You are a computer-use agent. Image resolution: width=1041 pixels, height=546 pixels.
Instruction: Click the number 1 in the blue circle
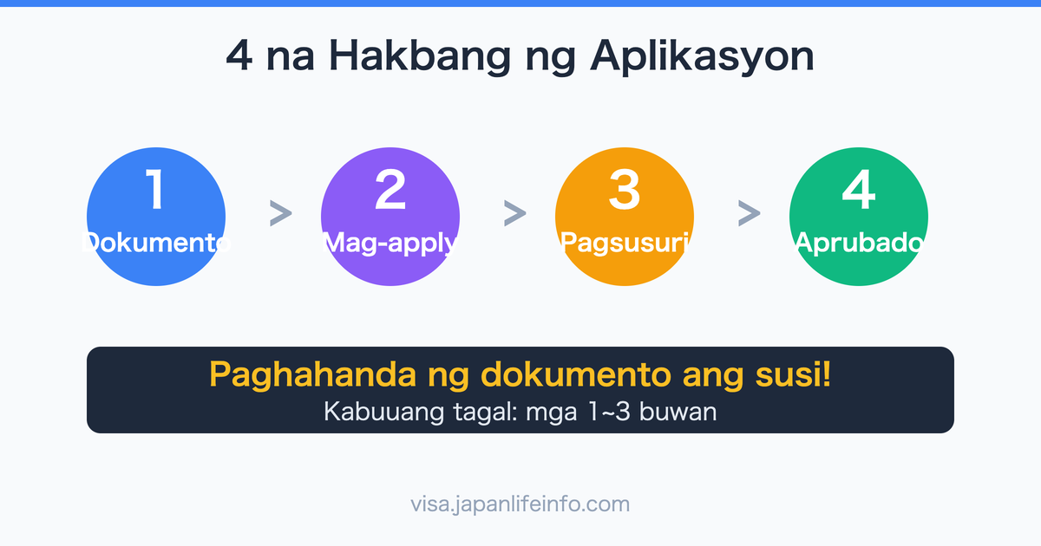point(156,191)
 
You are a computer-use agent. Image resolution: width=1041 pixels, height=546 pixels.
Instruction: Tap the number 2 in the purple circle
point(390,191)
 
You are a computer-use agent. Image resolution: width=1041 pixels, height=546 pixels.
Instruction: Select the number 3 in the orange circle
point(625,191)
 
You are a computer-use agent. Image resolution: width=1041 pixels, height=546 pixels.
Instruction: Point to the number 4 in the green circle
point(859,191)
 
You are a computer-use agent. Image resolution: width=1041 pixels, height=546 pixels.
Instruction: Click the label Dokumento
point(156,244)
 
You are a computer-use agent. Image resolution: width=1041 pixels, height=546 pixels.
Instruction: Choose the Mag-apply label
point(390,244)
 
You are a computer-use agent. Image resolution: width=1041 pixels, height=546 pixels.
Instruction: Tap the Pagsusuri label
point(625,244)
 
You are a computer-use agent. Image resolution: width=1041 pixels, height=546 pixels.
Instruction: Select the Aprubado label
point(859,244)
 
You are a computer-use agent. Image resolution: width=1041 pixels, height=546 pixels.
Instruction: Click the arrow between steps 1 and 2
point(280,213)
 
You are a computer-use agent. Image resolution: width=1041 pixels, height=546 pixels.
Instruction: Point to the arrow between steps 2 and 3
point(514,213)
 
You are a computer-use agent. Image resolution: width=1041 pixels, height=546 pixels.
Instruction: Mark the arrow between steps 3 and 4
point(749,213)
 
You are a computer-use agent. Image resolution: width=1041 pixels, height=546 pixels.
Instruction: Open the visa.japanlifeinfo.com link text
point(520,504)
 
